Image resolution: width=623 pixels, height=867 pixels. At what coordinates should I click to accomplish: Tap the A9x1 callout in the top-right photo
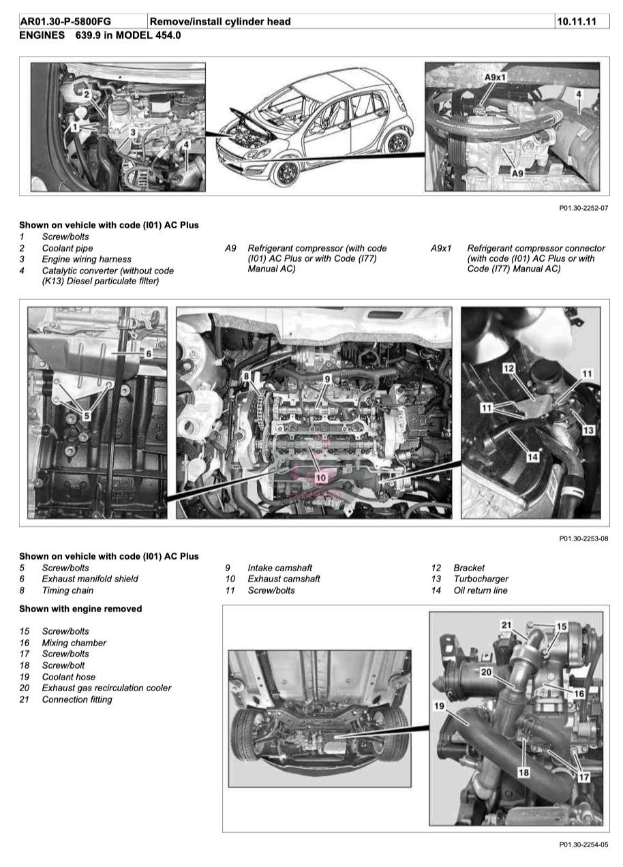[x=496, y=78]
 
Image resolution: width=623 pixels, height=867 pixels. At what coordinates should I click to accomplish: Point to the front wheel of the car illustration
[x=285, y=170]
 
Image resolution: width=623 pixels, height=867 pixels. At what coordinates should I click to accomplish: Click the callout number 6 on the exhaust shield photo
[x=148, y=354]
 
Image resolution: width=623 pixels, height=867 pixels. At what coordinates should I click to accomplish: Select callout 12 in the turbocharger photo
[x=508, y=368]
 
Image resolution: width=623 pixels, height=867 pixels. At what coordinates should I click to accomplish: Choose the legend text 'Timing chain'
[x=67, y=590]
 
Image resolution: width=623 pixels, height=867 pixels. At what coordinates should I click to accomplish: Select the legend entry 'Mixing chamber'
[x=74, y=643]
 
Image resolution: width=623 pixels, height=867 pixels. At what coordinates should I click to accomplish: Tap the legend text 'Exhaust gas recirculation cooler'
[x=106, y=688]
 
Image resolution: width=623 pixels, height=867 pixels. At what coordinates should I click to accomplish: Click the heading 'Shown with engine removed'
[x=80, y=608]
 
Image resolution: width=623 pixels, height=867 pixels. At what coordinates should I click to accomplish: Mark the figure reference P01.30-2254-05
[x=583, y=845]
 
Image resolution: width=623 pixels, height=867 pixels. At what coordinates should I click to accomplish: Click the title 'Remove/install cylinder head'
[x=220, y=22]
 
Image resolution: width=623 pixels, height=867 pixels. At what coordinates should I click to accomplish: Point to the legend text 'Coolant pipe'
[x=67, y=248]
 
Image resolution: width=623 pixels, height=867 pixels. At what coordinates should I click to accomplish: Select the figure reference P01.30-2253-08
[x=583, y=538]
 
